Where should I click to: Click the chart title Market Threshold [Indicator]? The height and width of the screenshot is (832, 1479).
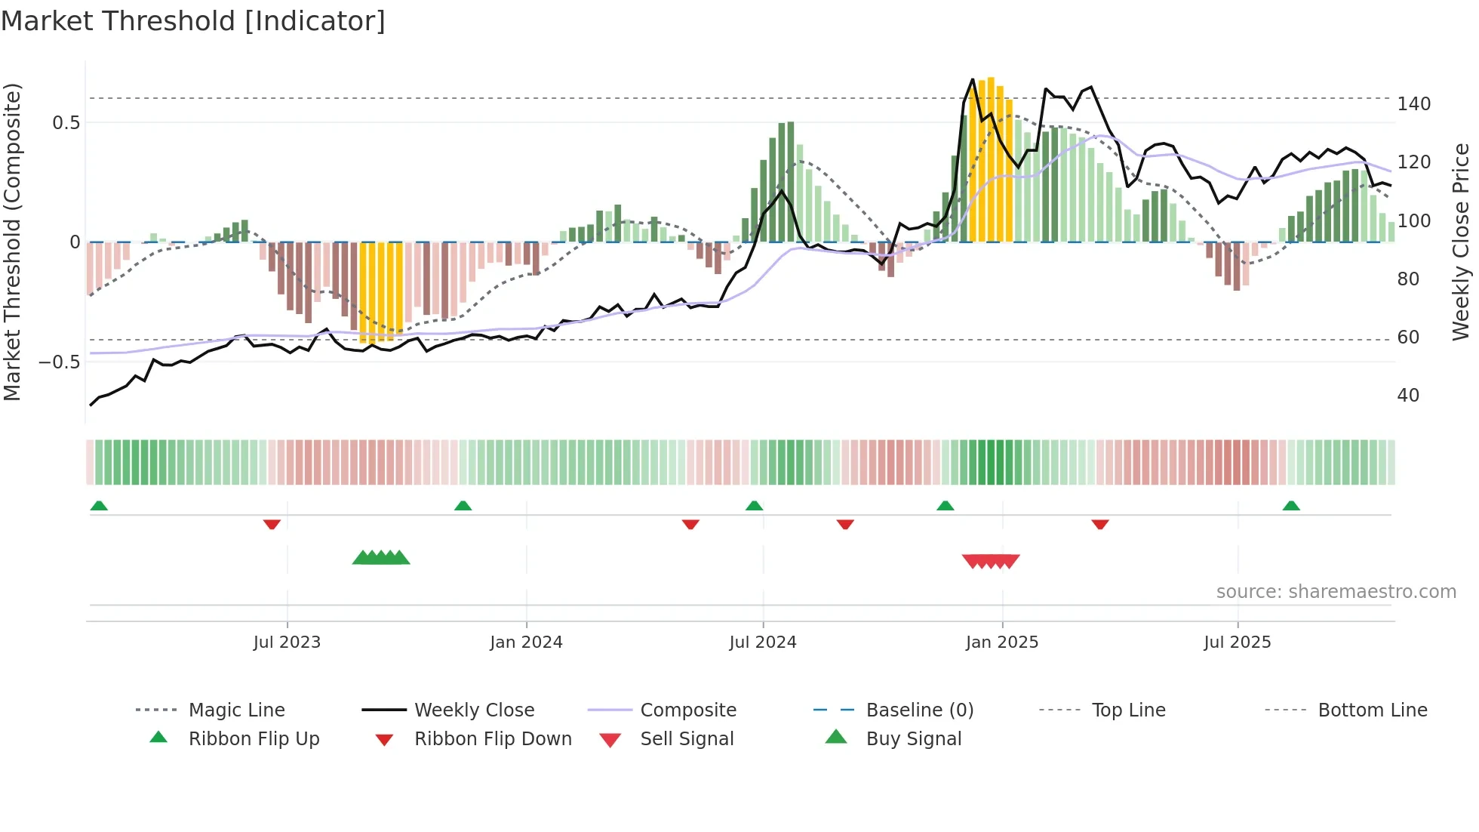(193, 21)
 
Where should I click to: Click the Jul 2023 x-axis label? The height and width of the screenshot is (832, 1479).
(287, 642)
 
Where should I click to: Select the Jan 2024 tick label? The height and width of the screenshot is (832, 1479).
(526, 642)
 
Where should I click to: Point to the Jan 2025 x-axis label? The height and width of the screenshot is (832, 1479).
(1002, 642)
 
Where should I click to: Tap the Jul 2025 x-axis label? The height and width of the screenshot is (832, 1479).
(1238, 642)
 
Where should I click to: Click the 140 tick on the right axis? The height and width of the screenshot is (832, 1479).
(1413, 104)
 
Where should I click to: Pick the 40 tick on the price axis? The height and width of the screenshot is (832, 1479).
(1408, 396)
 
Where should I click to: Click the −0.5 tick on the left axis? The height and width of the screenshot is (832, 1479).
(59, 362)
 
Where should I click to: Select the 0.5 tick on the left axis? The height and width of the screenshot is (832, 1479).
(66, 123)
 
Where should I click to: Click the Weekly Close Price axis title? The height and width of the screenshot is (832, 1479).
(1461, 242)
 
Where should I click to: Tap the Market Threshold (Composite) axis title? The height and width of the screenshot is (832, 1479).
(12, 242)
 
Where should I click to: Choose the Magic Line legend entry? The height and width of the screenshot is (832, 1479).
(236, 710)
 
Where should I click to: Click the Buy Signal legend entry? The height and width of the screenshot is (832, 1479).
(913, 739)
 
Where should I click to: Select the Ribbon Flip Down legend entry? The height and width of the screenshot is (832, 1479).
(493, 739)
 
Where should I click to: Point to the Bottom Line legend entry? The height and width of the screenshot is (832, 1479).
(1372, 710)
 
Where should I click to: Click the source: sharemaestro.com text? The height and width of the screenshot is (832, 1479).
(1336, 592)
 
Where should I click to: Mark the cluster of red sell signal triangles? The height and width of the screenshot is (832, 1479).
(991, 561)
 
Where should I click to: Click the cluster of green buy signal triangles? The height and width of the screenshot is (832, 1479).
(381, 558)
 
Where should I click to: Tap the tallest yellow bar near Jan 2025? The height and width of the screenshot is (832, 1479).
(991, 159)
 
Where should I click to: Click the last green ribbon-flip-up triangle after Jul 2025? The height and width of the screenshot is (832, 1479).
(1291, 506)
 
